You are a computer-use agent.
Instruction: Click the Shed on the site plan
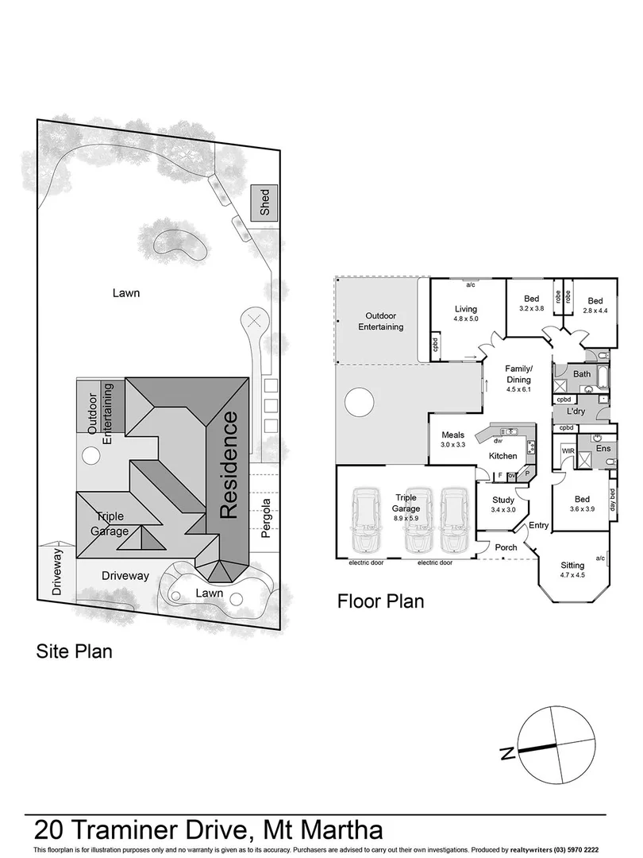(x=264, y=203)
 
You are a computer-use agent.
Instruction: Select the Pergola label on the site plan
(x=267, y=518)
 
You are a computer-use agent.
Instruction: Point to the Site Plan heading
(x=74, y=651)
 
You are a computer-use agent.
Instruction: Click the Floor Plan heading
(x=380, y=601)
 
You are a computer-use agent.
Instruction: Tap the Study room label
(x=503, y=500)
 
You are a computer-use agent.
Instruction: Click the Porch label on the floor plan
(x=506, y=547)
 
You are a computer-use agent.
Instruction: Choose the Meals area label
(x=452, y=435)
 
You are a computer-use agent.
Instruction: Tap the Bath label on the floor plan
(x=582, y=373)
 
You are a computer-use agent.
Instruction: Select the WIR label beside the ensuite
(x=568, y=450)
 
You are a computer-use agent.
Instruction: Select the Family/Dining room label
(x=519, y=373)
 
